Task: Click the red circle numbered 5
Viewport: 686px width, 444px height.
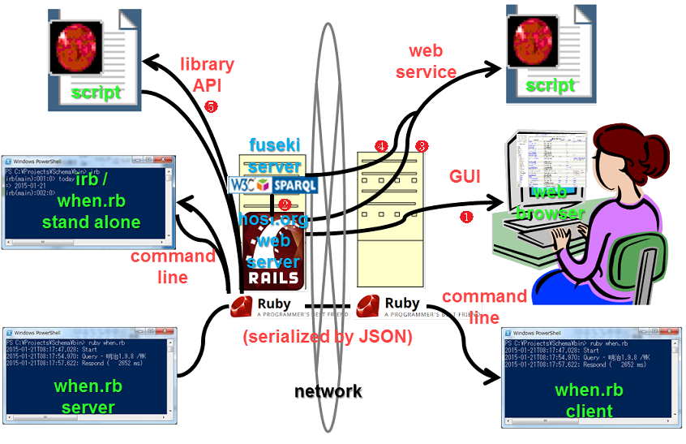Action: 212,106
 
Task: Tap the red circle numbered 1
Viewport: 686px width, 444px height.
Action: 466,217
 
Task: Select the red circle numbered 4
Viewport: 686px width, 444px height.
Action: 381,146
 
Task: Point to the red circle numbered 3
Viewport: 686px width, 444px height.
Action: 422,146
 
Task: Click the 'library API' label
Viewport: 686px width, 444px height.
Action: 207,75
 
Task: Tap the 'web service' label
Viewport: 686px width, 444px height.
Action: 426,62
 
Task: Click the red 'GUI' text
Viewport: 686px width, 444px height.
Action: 467,178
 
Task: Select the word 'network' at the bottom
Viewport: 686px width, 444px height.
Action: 328,391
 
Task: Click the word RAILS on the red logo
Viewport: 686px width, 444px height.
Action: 275,277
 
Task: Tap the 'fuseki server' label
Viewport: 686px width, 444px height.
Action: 274,154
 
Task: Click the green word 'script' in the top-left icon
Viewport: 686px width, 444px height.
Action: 96,93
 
